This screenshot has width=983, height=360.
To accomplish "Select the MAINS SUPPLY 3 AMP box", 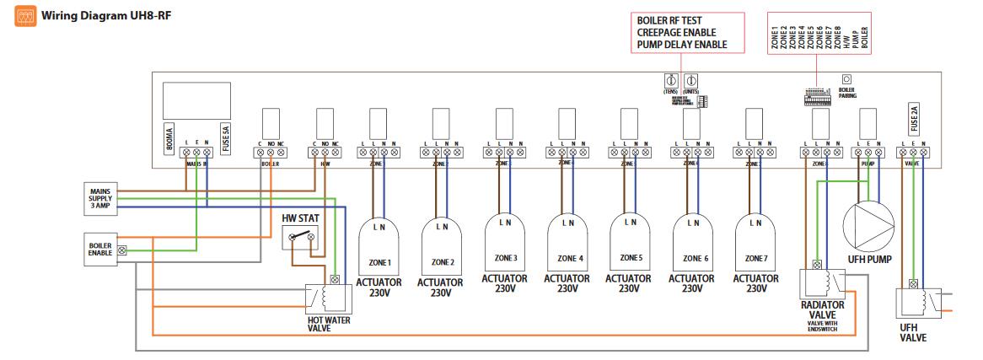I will click(x=101, y=196).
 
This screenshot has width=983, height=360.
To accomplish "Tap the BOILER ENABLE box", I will click(x=100, y=250).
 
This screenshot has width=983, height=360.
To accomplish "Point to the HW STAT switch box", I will click(x=301, y=238).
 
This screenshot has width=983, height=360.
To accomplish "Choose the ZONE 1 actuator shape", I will click(x=378, y=244).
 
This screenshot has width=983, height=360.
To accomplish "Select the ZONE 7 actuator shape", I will click(x=755, y=244).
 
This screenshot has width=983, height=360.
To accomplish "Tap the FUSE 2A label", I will click(x=915, y=119).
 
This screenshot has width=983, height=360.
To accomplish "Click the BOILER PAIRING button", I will click(x=846, y=79).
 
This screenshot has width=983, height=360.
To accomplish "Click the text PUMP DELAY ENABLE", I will click(x=682, y=45).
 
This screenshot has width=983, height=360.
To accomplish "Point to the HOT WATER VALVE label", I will click(x=330, y=324).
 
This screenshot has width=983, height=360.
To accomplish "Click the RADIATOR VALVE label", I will click(x=822, y=309).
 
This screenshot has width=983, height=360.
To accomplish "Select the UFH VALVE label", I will click(x=911, y=332).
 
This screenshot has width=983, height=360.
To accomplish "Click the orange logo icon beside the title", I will click(x=25, y=15).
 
